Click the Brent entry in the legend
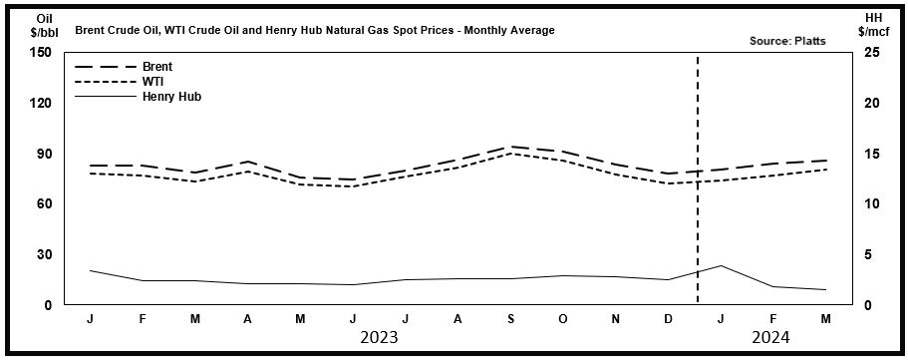click(157, 67)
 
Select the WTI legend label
click(153, 82)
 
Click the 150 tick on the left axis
click(41, 53)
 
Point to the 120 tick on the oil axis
click(41, 103)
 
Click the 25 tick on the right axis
click(871, 53)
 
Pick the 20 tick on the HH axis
click(871, 103)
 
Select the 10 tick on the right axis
click(871, 203)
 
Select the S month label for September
click(511, 319)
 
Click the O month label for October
click(563, 319)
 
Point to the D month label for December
click(668, 319)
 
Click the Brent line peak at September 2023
click(511, 147)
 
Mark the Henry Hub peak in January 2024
click(721, 265)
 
